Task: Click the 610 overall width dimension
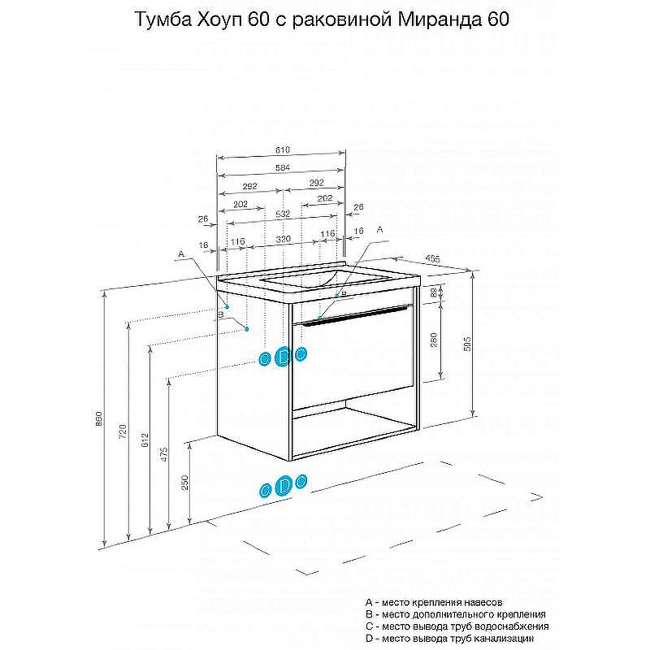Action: pos(282,150)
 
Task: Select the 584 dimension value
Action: pos(282,167)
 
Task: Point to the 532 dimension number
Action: pos(282,213)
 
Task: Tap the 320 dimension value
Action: pos(282,240)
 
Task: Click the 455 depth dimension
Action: pos(434,258)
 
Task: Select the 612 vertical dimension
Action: pos(145,440)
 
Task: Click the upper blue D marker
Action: pos(283,356)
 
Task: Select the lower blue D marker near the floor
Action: pos(284,485)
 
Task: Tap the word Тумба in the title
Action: pos(161,19)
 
